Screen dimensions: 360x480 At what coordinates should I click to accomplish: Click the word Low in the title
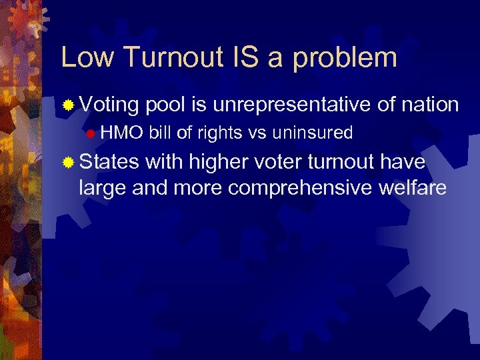point(87,57)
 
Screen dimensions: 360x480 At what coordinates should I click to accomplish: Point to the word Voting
point(109,105)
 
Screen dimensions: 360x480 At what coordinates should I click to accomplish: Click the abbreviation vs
point(257,133)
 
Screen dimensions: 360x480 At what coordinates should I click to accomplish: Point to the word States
point(109,162)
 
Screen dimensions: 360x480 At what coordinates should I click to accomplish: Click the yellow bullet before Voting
point(68,105)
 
